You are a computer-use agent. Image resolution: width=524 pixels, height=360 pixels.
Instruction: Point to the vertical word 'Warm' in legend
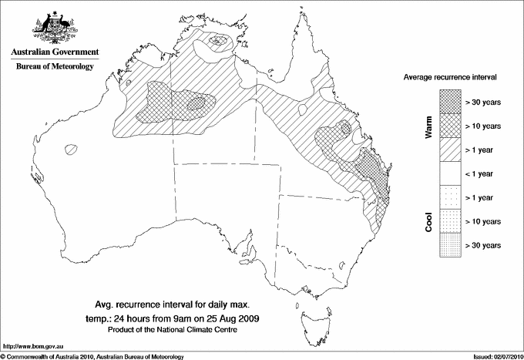point(429,126)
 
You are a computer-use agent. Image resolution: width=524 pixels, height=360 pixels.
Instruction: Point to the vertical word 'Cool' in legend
point(429,221)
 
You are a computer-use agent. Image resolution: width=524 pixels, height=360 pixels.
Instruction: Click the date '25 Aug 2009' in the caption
point(238,318)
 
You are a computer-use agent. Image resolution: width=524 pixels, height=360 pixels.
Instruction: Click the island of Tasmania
point(312,319)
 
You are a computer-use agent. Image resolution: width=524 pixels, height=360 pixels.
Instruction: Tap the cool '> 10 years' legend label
point(483,221)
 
